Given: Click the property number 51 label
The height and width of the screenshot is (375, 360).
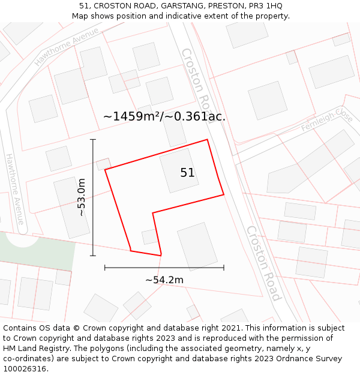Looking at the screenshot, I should (x=187, y=173).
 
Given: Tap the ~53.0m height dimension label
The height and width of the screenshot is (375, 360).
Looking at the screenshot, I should (x=81, y=197).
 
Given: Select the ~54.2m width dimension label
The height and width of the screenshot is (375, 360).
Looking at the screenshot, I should (x=164, y=280).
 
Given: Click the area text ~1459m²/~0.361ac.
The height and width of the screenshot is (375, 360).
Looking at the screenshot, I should (x=164, y=116).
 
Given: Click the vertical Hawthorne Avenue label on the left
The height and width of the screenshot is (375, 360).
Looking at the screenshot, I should (x=15, y=189).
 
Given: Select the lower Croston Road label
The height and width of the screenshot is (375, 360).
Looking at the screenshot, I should (x=263, y=263).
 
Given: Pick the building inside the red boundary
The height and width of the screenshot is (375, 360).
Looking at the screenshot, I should (x=179, y=171).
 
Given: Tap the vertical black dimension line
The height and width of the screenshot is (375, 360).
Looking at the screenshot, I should (x=93, y=197).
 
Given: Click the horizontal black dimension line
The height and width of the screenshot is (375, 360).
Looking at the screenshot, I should (x=164, y=268).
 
